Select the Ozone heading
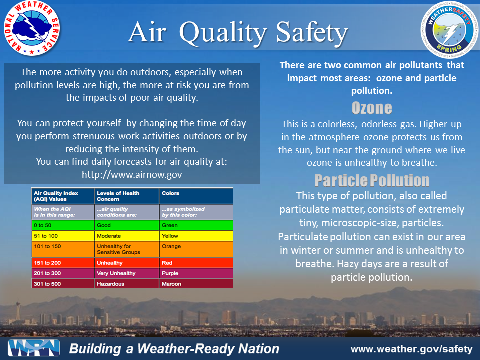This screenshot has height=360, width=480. click(x=371, y=108)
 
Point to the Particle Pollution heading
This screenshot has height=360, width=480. click(x=371, y=180)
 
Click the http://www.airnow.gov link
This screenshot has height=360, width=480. click(x=132, y=174)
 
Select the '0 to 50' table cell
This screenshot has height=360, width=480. click(x=62, y=225)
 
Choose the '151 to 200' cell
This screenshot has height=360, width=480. click(x=62, y=263)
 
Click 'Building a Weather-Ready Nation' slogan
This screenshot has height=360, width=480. click(x=174, y=349)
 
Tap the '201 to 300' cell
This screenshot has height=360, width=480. click(x=62, y=273)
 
